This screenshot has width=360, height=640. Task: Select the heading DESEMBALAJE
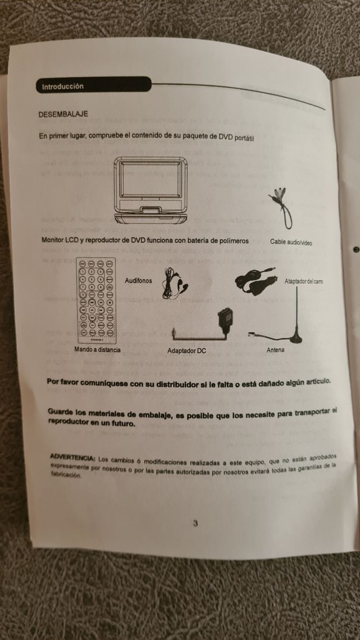pyautogui.click(x=63, y=114)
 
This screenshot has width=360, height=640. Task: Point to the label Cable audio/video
pyautogui.click(x=291, y=242)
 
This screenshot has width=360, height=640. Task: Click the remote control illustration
pyautogui.click(x=95, y=300)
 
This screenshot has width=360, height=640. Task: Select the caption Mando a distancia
pyautogui.click(x=97, y=349)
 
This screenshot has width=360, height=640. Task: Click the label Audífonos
pyautogui.click(x=138, y=280)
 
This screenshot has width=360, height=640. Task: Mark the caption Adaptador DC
pyautogui.click(x=187, y=350)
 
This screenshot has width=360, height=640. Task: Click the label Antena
pyautogui.click(x=276, y=350)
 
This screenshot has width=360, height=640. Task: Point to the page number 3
pyautogui.click(x=195, y=523)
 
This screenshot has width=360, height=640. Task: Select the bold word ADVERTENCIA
pyautogui.click(x=72, y=456)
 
